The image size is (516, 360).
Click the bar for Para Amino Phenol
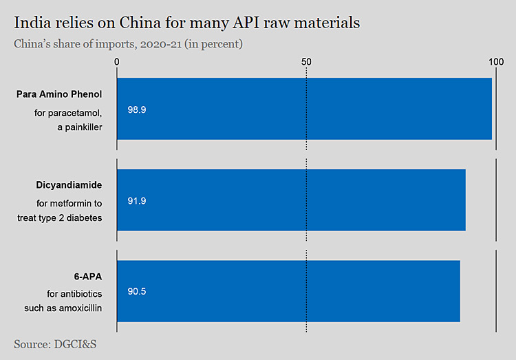[304, 109]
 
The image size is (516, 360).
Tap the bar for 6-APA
[288, 290]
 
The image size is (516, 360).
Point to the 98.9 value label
[137, 109]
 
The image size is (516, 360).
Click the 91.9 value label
[137, 201]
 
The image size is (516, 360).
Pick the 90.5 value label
[137, 291]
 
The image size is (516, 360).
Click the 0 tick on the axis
[118, 61]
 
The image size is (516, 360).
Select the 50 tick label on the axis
[306, 61]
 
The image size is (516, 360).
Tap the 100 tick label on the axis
[495, 61]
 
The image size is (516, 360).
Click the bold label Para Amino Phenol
[59, 94]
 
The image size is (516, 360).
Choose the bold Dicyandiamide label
[69, 185]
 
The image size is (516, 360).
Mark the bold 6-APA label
[88, 276]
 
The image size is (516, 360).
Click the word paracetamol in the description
[77, 112]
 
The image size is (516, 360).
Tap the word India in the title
[30, 23]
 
